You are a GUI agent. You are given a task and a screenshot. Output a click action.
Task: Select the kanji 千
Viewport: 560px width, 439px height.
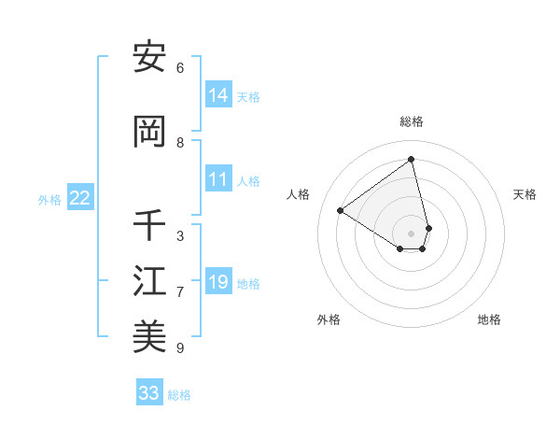tap(149, 225)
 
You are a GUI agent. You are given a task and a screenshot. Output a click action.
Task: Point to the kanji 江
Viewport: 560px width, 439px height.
tap(149, 281)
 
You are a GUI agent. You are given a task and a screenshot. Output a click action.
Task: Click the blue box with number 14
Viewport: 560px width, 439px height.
tap(218, 95)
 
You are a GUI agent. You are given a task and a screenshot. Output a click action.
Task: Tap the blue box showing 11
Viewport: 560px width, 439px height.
tap(218, 180)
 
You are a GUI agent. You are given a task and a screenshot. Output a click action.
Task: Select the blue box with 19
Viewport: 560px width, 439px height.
tap(218, 282)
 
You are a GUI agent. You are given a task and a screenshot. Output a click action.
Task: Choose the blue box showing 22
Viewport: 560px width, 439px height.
tap(80, 198)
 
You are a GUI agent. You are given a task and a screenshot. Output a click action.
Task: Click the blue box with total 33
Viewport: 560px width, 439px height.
tap(149, 393)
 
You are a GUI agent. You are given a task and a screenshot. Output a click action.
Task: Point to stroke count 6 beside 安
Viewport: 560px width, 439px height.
tap(180, 68)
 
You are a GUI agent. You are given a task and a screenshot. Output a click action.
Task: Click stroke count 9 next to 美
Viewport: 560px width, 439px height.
tap(180, 348)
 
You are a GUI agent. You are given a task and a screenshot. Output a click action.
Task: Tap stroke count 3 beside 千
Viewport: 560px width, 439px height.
tap(180, 236)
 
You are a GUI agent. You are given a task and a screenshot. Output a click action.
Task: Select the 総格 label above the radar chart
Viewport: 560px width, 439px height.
tap(412, 121)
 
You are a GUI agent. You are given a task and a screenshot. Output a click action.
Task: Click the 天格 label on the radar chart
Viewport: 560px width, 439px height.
tap(525, 194)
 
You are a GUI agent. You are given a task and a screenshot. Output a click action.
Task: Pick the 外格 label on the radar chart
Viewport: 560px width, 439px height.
tap(329, 319)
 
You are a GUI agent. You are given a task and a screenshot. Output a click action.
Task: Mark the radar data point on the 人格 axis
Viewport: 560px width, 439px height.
tap(341, 210)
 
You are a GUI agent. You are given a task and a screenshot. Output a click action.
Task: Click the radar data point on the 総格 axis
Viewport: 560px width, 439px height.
tap(412, 160)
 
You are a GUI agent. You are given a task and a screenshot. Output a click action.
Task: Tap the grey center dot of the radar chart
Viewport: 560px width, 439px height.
tap(412, 233)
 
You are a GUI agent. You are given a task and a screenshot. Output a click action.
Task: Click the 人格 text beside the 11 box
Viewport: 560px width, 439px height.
tap(248, 181)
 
